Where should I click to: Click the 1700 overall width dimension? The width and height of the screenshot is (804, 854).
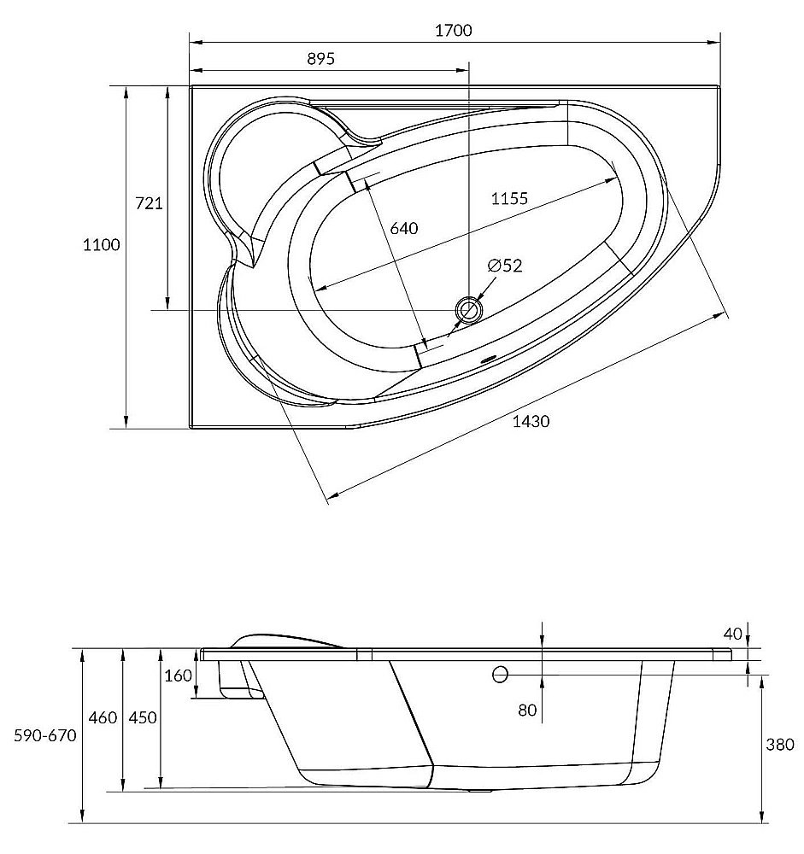tap(454, 30)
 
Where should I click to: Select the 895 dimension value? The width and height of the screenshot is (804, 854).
tap(320, 58)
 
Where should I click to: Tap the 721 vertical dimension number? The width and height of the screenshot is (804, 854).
tap(149, 203)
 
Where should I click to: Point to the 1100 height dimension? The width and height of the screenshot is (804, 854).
tap(102, 244)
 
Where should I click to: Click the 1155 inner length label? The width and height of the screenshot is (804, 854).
tap(509, 198)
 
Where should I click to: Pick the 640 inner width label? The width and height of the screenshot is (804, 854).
tap(404, 228)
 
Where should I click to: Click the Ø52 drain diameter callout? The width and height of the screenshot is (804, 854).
tap(505, 266)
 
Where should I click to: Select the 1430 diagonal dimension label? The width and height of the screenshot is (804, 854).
tap(531, 421)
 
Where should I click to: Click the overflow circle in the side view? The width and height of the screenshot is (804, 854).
tap(500, 675)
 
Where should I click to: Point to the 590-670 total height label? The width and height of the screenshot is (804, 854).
tap(45, 736)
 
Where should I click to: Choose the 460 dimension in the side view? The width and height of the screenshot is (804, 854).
tap(103, 718)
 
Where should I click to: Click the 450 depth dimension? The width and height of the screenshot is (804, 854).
tap(143, 718)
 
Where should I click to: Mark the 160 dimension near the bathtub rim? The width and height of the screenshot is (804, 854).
tap(179, 676)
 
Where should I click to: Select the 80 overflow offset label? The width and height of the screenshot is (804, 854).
tap(527, 710)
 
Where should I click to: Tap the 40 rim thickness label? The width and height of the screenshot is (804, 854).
tap(732, 634)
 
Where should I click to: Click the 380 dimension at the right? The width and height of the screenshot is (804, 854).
tap(780, 744)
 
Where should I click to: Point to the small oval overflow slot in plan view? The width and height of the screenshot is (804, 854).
tap(486, 359)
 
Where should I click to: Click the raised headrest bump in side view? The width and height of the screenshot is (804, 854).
tap(287, 640)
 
